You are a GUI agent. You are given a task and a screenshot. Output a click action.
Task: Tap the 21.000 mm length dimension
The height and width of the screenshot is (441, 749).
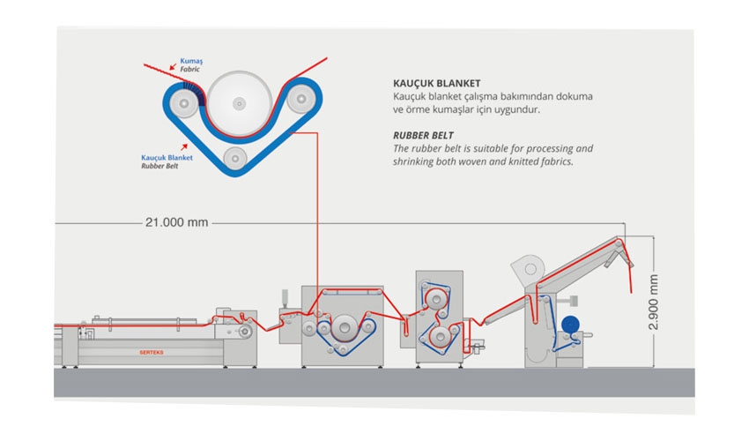(x=176, y=222)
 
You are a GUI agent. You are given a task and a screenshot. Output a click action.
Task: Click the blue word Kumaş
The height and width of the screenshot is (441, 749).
(x=191, y=60)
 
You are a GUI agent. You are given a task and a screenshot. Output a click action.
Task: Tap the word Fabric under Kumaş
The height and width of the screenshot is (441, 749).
(x=191, y=68)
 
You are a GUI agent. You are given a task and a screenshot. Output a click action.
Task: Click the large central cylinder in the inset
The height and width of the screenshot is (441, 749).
(x=237, y=104)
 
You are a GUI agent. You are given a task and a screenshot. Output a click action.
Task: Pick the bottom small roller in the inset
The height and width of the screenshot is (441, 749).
(x=234, y=159)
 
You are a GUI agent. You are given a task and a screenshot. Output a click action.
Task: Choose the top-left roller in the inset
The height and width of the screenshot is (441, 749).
(x=183, y=105)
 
